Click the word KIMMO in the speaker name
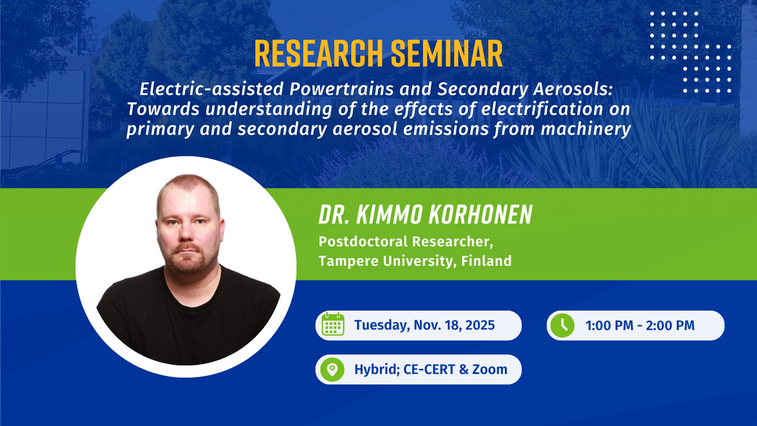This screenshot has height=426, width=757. click(x=378, y=215)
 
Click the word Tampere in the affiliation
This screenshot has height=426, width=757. click(x=344, y=261)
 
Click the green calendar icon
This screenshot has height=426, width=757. click(x=333, y=325)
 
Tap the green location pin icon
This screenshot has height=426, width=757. click(x=333, y=370)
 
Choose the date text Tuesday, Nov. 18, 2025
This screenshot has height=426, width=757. click(x=424, y=325)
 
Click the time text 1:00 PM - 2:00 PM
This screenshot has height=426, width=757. click(x=640, y=325)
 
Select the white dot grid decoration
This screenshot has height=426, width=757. click(x=690, y=52)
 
